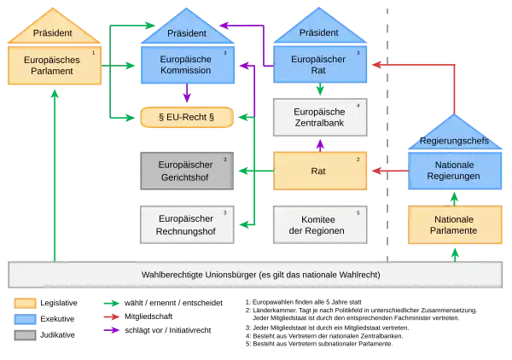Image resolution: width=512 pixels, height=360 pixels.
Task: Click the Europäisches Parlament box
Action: coord(55,66)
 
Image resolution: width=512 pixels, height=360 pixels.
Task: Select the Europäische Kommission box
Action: coord(185,65)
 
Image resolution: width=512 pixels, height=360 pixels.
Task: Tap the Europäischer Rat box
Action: coord(320,65)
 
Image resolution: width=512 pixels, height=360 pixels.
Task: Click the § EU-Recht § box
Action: coord(186,116)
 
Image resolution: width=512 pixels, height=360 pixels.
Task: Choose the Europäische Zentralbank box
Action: coord(319,117)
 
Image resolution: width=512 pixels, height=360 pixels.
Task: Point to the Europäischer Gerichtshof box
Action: coord(185,170)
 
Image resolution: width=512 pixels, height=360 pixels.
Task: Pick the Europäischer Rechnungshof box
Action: coord(185,224)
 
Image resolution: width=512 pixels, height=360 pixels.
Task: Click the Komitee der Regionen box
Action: coord(319,224)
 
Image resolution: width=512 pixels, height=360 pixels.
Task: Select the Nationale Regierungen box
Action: coord(454,170)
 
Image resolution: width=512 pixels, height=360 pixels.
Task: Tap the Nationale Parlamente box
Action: coord(454,224)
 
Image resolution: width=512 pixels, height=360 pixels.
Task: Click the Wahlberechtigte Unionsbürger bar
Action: coord(255,275)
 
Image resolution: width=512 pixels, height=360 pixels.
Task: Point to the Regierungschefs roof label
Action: coord(454,140)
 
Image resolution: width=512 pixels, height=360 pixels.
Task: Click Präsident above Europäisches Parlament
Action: coord(53,32)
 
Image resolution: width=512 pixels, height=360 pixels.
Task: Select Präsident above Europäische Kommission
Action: coord(186,32)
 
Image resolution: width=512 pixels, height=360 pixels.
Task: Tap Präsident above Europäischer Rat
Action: coord(320,32)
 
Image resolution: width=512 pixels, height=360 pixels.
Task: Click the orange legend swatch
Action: coord(26,303)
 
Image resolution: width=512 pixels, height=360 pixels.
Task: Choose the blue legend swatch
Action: coord(26,319)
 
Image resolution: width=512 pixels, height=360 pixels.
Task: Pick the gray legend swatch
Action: coord(26,334)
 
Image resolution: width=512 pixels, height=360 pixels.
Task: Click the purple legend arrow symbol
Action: coord(112,330)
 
